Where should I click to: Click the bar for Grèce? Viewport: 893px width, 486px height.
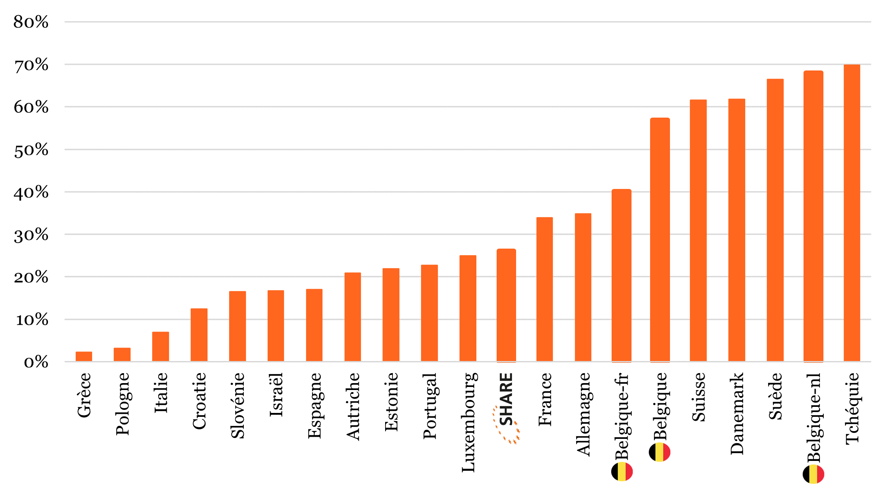84,356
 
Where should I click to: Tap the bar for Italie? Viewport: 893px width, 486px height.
160,346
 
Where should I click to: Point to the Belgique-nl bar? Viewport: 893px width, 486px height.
813,216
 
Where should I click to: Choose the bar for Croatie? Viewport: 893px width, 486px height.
199,335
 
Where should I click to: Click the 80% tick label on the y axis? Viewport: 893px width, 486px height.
31,22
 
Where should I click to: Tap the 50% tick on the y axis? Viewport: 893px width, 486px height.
31,150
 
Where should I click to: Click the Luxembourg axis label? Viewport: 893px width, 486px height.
469,422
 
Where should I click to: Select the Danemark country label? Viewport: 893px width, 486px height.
737,413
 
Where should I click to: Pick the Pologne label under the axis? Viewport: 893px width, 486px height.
123,403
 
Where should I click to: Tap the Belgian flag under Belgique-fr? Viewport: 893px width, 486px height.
622,472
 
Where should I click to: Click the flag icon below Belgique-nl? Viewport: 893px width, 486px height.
813,474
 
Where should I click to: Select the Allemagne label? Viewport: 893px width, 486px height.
584,414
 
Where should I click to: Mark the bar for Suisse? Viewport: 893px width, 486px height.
698,230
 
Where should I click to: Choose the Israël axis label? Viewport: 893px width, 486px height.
276,395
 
